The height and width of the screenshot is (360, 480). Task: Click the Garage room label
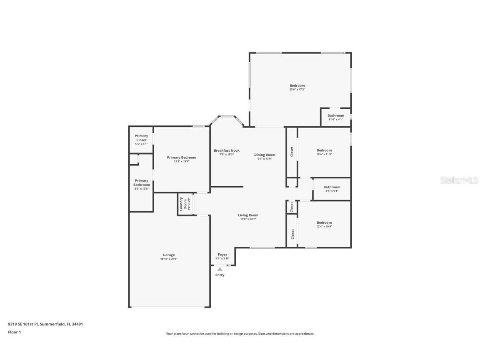pyautogui.click(x=169, y=255)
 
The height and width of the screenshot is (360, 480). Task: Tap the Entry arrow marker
pyautogui.click(x=220, y=269)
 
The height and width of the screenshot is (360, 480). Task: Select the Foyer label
pyautogui.click(x=222, y=255)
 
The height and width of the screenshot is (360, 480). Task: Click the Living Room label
pyautogui.click(x=248, y=215)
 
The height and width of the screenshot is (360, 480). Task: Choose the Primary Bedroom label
pyautogui.click(x=181, y=157)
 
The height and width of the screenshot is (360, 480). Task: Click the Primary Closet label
pyautogui.click(x=141, y=138)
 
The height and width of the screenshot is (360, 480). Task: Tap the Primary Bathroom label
pyautogui.click(x=141, y=183)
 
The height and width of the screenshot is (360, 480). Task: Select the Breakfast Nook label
pyautogui.click(x=227, y=150)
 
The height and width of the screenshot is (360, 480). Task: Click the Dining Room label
pyautogui.click(x=265, y=155)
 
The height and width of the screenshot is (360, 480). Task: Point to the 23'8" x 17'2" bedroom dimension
pyautogui.click(x=297, y=90)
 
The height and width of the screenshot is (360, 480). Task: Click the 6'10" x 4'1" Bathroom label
pyautogui.click(x=335, y=116)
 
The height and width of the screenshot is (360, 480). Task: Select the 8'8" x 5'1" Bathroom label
pyautogui.click(x=332, y=187)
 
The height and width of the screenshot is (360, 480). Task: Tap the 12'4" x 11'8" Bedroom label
pyautogui.click(x=324, y=150)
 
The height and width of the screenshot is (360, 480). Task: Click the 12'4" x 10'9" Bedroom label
pyautogui.click(x=324, y=222)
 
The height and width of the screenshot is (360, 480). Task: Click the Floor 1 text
pyautogui.click(x=14, y=332)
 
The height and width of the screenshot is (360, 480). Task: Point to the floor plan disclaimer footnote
pyautogui.click(x=240, y=334)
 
